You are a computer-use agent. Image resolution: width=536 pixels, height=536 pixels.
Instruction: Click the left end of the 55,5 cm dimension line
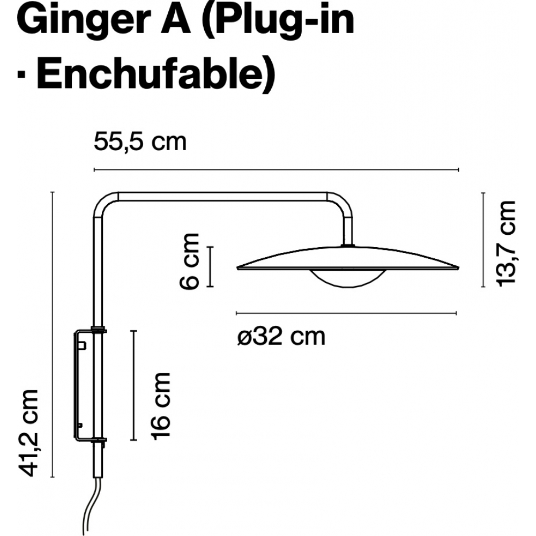tap(94, 169)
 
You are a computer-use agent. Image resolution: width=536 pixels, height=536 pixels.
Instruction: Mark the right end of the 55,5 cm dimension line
tap(458, 169)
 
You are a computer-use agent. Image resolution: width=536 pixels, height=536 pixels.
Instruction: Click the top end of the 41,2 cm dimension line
tap(53, 192)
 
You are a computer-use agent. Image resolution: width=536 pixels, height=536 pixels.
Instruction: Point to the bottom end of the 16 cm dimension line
tap(134, 440)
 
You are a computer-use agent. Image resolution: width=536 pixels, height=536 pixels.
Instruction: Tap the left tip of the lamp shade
tap(237, 268)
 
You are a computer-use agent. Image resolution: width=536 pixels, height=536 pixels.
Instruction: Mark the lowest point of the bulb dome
tap(348, 287)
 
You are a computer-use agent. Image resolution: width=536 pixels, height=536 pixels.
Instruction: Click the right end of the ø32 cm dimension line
tap(456, 313)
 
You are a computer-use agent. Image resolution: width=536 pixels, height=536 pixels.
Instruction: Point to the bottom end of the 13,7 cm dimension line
tap(483, 287)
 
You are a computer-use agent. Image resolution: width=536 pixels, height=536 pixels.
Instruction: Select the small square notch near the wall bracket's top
tap(82, 346)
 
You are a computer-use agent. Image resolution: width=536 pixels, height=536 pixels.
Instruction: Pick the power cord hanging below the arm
tap(92, 506)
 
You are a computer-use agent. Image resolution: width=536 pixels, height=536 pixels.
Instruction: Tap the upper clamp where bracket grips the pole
tap(99, 330)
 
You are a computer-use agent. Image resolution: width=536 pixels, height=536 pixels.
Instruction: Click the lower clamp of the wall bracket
tap(99, 440)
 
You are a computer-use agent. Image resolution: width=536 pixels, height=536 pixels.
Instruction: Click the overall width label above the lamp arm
tap(140, 142)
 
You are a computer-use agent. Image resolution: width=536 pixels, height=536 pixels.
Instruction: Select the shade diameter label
tap(281, 337)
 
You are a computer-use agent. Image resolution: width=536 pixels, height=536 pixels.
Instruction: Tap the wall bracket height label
tap(161, 406)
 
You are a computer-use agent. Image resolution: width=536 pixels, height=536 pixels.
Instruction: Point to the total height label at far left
tap(28, 433)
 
